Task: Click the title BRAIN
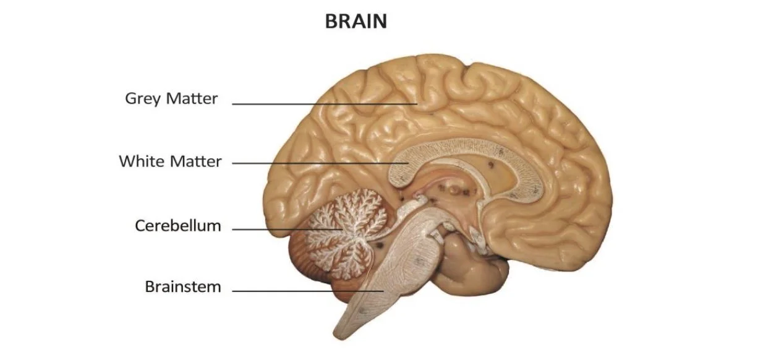(356, 22)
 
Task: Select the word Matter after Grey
(193, 98)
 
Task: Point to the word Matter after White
(196, 161)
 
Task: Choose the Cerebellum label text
(177, 226)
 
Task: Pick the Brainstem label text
(182, 287)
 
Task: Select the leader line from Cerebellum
(288, 229)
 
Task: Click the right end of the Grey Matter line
(417, 104)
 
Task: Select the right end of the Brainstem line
(383, 291)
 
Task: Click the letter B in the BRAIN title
(331, 22)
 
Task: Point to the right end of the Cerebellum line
(344, 229)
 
